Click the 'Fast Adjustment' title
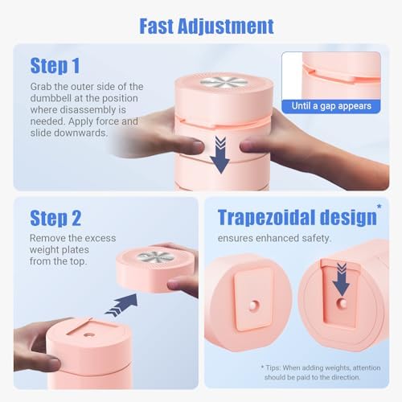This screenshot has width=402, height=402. [x=207, y=27]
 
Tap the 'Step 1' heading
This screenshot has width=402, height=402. [x=55, y=66]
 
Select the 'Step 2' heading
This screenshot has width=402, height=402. [x=55, y=218]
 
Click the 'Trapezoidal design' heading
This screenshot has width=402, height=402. [x=297, y=218]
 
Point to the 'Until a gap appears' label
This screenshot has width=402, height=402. [x=331, y=106]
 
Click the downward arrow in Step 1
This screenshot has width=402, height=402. [x=219, y=154]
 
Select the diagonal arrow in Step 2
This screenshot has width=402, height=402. [x=121, y=305]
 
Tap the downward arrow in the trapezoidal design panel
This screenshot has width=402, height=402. [x=341, y=279]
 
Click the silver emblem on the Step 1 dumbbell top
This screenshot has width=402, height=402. [x=224, y=82]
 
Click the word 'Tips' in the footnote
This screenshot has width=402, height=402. [x=273, y=367]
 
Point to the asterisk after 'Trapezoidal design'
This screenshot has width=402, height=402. [x=379, y=207]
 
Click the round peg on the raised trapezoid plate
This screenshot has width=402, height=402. [x=253, y=306]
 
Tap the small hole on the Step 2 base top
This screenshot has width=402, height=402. [x=88, y=334]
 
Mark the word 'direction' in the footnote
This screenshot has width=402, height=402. [x=346, y=377]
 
